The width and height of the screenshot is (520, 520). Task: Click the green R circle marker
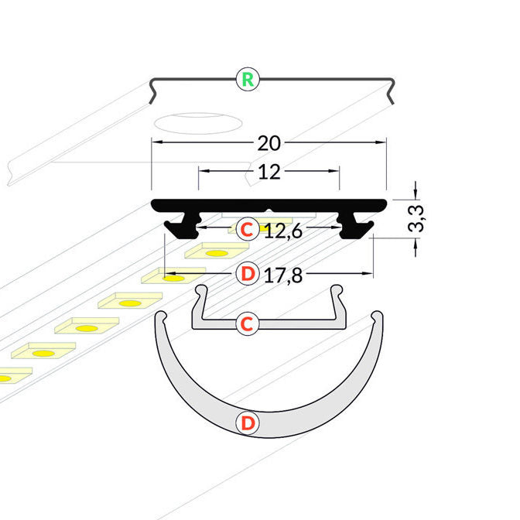247,78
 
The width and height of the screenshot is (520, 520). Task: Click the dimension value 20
269,143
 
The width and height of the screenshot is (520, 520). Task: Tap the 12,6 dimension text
282,229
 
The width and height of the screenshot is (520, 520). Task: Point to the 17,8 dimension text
282,275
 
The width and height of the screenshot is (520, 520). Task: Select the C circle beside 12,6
247,229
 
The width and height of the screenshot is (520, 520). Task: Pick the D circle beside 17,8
247,274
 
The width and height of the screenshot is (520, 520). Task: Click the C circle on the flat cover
246,323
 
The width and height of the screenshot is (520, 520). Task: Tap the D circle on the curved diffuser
247,422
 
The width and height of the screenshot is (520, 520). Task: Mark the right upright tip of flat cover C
337,290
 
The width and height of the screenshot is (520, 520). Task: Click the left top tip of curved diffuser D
161,317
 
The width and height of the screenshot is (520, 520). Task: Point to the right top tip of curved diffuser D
377,317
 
